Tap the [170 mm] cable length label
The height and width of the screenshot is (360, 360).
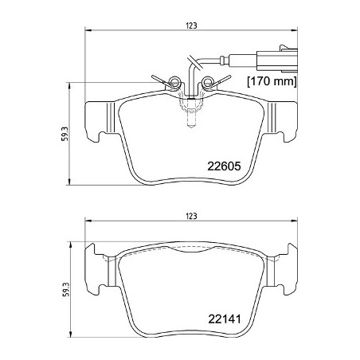coord(271,81)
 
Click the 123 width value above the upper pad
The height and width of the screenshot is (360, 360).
coord(191,25)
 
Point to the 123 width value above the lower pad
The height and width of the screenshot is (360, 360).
coord(191,217)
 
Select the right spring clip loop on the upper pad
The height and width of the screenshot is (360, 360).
coord(209,80)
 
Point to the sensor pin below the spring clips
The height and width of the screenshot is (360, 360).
coord(190,122)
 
